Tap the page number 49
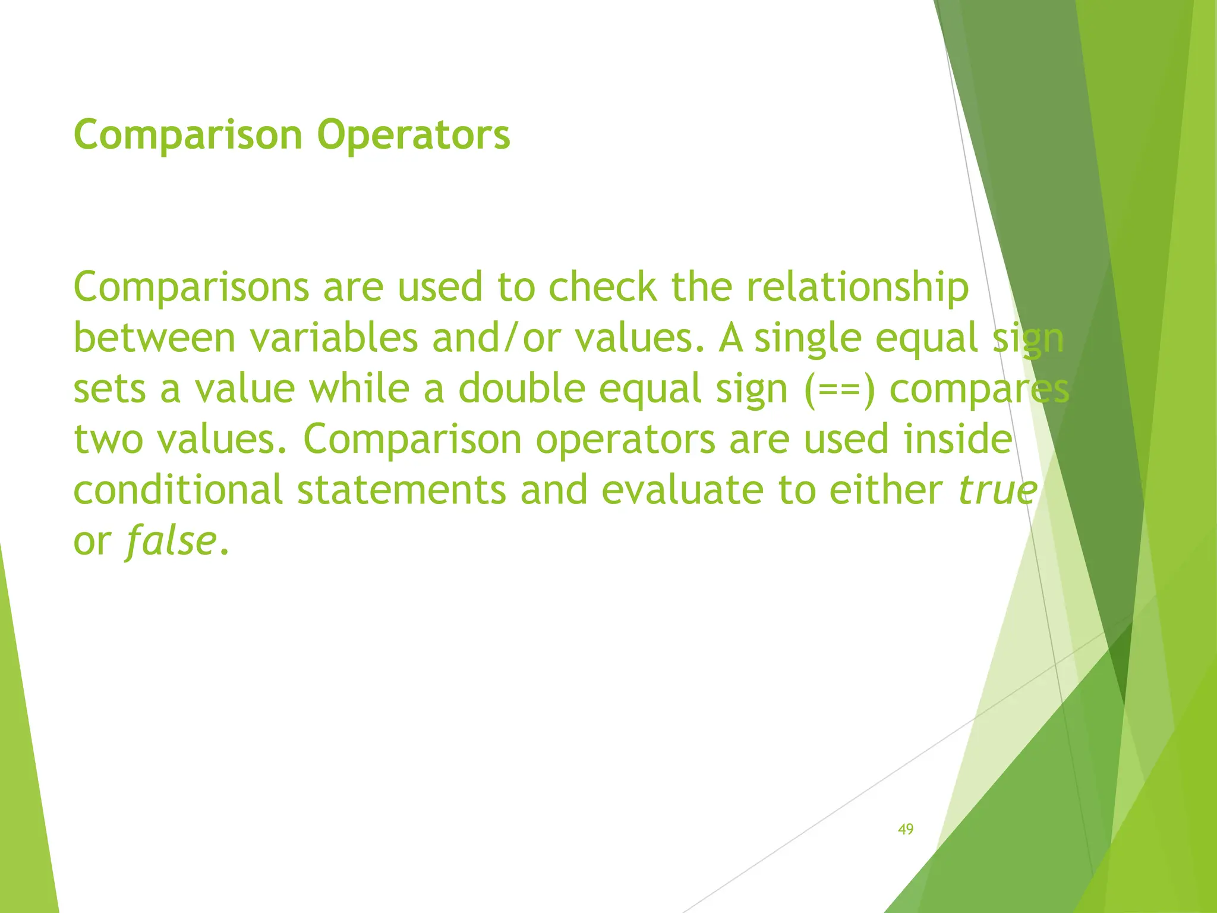906,829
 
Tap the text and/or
497,338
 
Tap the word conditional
178,490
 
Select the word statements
401,490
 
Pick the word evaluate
682,490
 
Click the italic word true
998,490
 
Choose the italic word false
170,541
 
